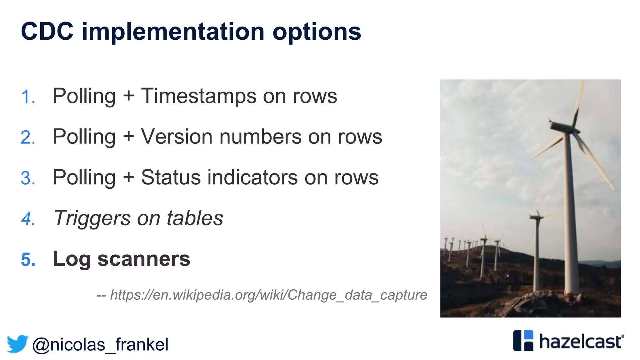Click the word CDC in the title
coord(47,32)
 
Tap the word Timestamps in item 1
coord(199,96)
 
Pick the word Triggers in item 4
coord(92,218)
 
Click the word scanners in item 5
coord(143,259)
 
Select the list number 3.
coord(28,178)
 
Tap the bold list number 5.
coord(28,259)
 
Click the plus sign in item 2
coord(128,137)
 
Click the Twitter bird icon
coord(17,344)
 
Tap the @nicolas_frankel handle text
coord(100,344)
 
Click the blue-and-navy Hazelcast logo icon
coord(523,340)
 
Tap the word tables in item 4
coord(195,218)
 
